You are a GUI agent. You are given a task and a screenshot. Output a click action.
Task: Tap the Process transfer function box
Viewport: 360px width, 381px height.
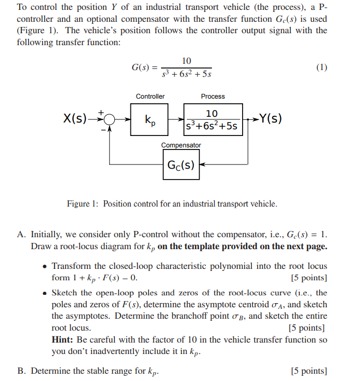[213, 119]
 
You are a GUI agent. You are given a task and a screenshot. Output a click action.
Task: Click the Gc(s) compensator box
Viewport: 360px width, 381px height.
[181, 165]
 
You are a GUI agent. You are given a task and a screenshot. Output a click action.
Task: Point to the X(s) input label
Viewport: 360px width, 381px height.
[75, 119]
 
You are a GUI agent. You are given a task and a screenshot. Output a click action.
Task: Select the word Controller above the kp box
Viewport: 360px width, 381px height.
[150, 97]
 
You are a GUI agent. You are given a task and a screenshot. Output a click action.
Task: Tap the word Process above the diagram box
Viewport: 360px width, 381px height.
[213, 97]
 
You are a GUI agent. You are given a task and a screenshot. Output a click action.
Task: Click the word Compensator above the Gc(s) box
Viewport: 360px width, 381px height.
[181, 145]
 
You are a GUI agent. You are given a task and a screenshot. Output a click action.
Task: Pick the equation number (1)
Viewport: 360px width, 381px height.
[322, 67]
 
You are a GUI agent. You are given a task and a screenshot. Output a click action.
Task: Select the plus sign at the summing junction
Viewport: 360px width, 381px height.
[102, 111]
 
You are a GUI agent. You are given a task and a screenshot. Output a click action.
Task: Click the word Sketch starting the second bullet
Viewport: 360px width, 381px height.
[65, 293]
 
